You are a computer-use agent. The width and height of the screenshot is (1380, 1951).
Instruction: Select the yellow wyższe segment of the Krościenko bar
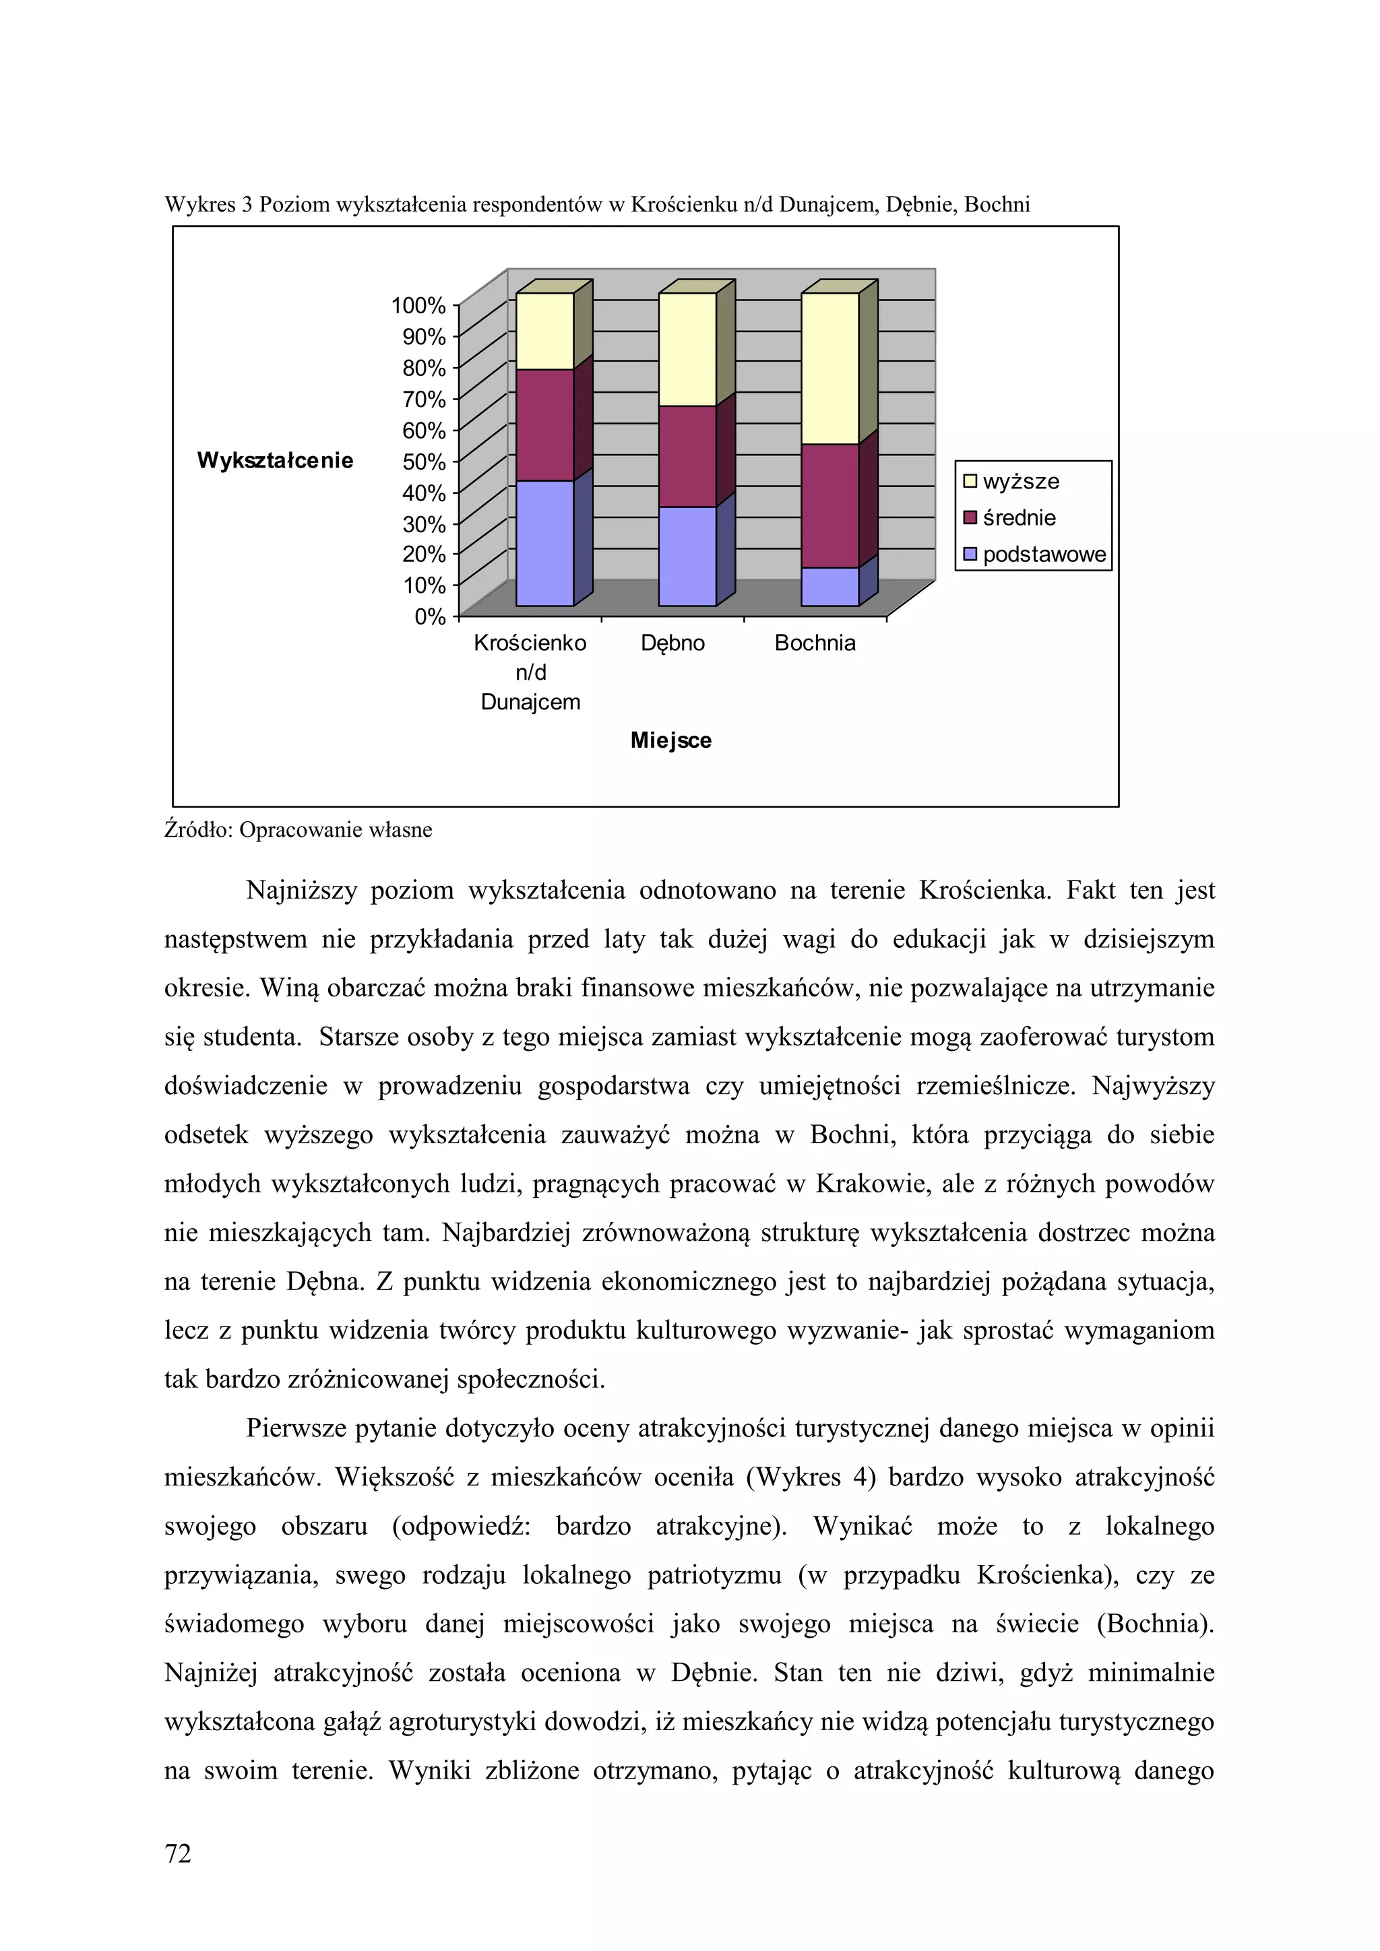pyautogui.click(x=544, y=331)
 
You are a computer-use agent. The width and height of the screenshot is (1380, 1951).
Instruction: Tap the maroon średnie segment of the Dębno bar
pyautogui.click(x=687, y=456)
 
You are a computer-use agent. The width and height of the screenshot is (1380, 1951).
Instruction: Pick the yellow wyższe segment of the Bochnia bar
pyautogui.click(x=829, y=368)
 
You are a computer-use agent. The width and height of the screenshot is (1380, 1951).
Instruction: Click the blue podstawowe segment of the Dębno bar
pyautogui.click(x=687, y=556)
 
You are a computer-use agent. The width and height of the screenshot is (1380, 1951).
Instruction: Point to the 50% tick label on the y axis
pyautogui.click(x=423, y=461)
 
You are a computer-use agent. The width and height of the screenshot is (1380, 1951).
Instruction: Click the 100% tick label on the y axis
pyautogui.click(x=417, y=306)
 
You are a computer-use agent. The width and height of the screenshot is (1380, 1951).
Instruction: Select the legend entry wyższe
pyautogui.click(x=1020, y=482)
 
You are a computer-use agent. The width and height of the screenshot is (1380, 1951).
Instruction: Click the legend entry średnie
pyautogui.click(x=1018, y=518)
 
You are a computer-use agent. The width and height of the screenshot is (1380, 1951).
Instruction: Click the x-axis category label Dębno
pyautogui.click(x=672, y=643)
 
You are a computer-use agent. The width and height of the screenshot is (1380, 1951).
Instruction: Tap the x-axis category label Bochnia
pyautogui.click(x=814, y=643)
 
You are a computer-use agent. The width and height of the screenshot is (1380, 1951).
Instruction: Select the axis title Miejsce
pyautogui.click(x=670, y=740)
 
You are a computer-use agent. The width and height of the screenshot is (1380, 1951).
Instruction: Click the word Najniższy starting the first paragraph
pyautogui.click(x=302, y=891)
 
